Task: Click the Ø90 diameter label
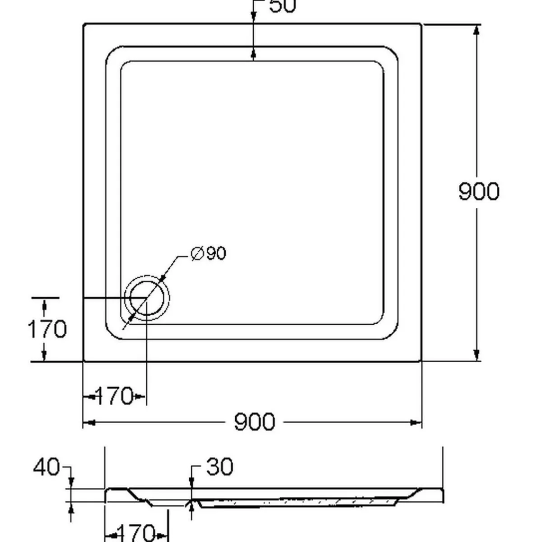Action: click(x=208, y=254)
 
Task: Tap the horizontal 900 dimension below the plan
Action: click(x=254, y=422)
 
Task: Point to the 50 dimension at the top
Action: click(x=282, y=6)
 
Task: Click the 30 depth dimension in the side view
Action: click(x=220, y=467)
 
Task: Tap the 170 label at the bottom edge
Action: click(x=136, y=533)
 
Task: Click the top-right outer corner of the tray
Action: click(x=421, y=24)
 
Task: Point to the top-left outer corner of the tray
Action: click(x=84, y=24)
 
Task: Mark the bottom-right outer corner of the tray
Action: click(x=421, y=361)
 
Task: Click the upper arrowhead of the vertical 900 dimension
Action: click(x=476, y=29)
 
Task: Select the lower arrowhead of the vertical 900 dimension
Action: click(x=476, y=356)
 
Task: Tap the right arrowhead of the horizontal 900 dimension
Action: click(x=416, y=422)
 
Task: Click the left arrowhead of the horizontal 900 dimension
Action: click(x=89, y=422)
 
